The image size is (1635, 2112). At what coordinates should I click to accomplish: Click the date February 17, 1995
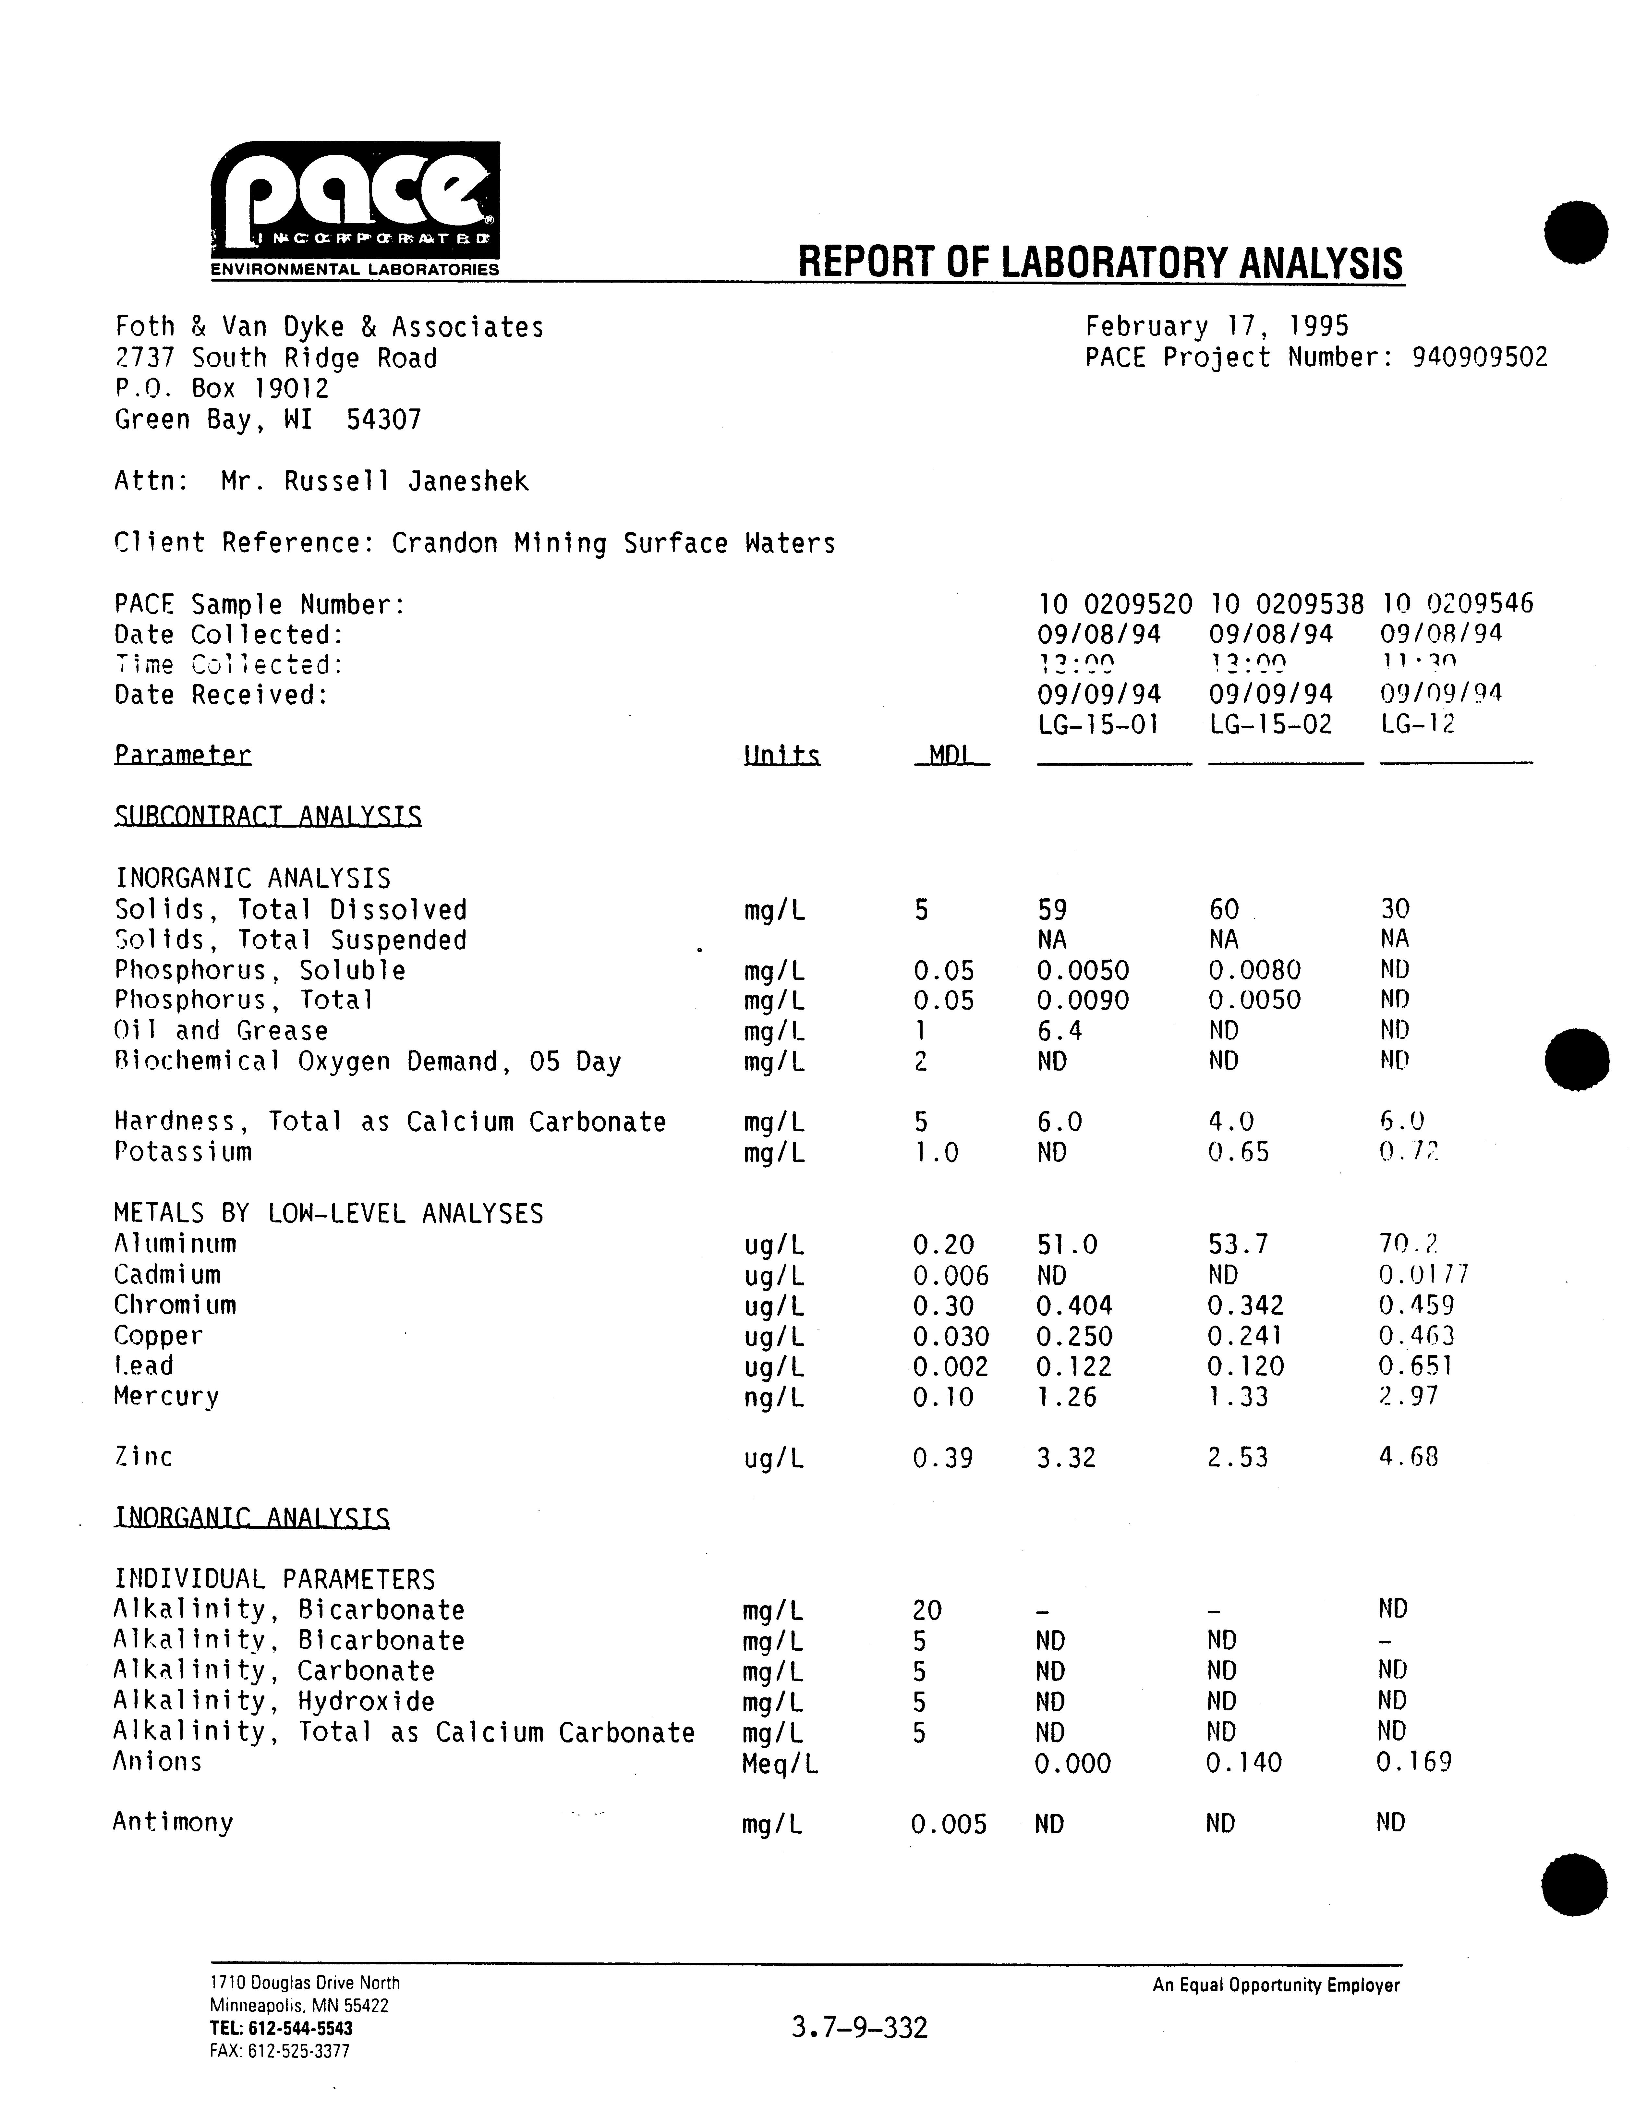1216,327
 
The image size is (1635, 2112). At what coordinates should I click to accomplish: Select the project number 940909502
1479,358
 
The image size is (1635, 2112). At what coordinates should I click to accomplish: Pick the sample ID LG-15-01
1098,724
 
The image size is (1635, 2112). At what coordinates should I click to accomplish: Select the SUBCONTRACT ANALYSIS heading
268,817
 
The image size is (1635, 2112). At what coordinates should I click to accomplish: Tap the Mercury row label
166,1396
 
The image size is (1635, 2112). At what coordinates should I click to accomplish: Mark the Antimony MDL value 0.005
949,1825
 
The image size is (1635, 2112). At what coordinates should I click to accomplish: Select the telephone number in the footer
280,2028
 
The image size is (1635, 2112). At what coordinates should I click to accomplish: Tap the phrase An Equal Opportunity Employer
1275,1985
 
